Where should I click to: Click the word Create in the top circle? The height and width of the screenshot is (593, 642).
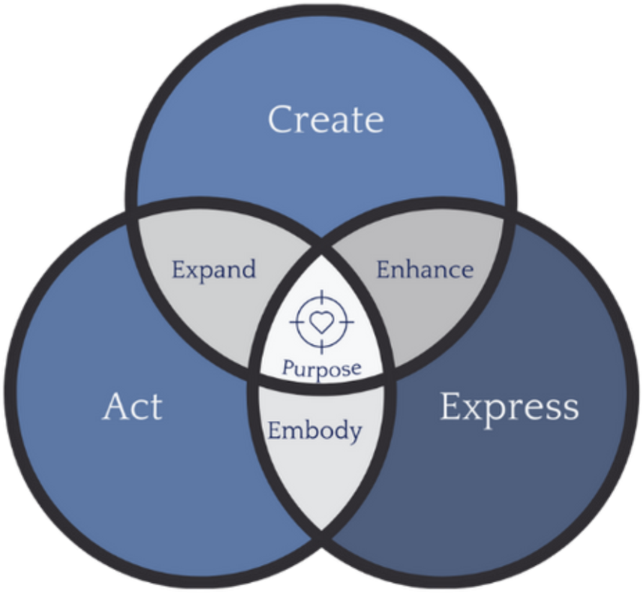(x=325, y=120)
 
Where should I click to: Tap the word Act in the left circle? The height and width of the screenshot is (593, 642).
(x=133, y=407)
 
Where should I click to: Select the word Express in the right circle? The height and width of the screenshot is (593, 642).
(x=509, y=408)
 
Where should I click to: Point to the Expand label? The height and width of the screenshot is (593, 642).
(x=213, y=270)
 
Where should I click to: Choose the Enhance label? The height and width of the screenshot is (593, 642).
(x=425, y=270)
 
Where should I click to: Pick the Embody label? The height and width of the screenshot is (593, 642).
(x=314, y=431)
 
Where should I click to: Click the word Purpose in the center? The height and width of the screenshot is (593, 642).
(x=321, y=369)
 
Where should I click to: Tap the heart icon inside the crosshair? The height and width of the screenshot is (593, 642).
(x=321, y=321)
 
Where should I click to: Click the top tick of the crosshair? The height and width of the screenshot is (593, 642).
(x=321, y=295)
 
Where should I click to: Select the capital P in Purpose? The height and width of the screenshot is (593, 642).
(x=287, y=369)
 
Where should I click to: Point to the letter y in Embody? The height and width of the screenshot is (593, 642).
(x=353, y=434)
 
